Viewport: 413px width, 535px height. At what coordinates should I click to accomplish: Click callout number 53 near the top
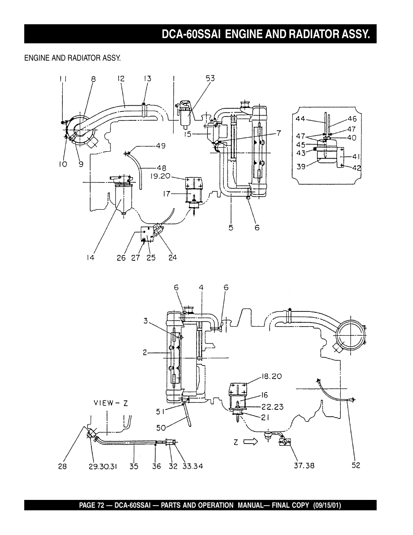210,78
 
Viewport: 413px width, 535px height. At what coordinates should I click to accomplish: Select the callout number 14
90,258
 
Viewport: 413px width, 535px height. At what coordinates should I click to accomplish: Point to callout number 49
161,146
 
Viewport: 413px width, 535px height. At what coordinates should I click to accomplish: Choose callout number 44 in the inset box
300,118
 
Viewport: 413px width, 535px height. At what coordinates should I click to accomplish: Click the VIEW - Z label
111,403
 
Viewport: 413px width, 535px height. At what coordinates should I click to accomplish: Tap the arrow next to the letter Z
250,442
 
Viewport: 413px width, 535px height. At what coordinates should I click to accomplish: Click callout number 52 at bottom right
355,466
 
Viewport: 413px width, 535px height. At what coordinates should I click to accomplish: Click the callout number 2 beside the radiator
146,353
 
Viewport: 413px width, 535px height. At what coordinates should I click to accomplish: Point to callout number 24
172,258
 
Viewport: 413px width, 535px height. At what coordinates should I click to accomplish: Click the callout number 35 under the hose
134,467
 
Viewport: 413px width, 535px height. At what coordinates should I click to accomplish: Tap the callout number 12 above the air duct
121,78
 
